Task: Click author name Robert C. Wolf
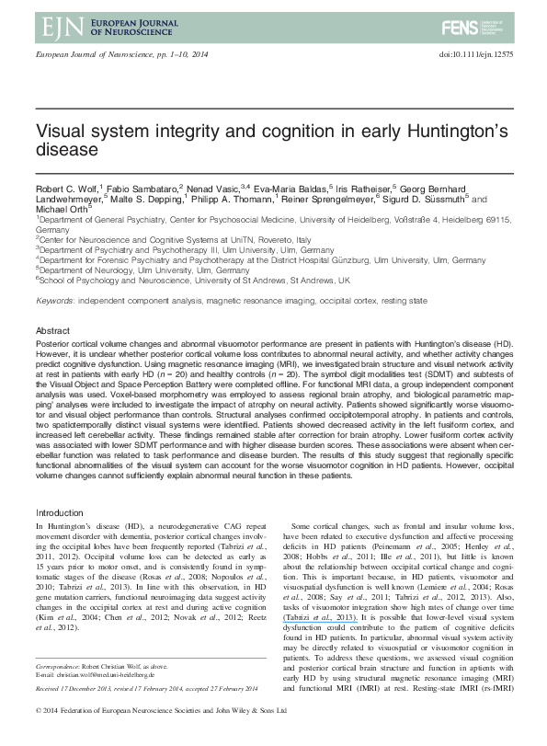(x=62, y=186)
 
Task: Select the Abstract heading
(x=51, y=329)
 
